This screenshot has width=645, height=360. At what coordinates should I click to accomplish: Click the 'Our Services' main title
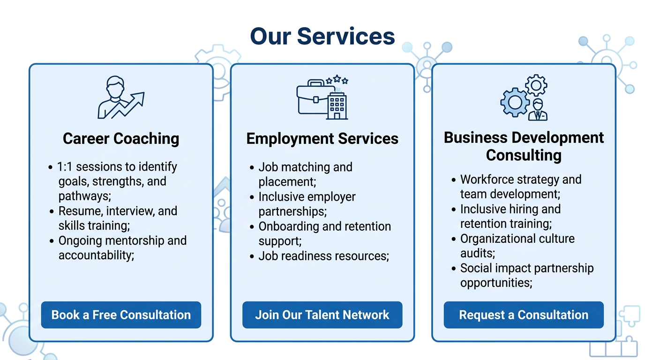pyautogui.click(x=322, y=36)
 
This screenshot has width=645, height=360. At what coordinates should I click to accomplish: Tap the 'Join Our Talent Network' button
pyautogui.click(x=322, y=315)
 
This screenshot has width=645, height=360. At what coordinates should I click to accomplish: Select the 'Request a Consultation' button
pyautogui.click(x=523, y=315)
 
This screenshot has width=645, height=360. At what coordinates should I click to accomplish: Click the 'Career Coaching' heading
pyautogui.click(x=121, y=139)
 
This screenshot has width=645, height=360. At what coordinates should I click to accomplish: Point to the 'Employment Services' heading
pyautogui.click(x=322, y=139)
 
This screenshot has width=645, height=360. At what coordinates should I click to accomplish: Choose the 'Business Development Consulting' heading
pyautogui.click(x=524, y=146)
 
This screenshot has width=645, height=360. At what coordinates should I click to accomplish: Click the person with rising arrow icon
pyautogui.click(x=120, y=97)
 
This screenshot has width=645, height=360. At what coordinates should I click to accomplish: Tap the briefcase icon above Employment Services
pyautogui.click(x=312, y=98)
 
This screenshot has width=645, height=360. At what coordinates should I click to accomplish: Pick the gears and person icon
pyautogui.click(x=524, y=97)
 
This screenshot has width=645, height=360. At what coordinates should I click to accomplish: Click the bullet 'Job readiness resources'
pyautogui.click(x=323, y=256)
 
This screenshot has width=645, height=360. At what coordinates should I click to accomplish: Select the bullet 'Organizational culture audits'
pyautogui.click(x=517, y=246)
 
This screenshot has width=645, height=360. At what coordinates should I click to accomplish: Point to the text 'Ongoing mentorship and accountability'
pyautogui.click(x=122, y=247)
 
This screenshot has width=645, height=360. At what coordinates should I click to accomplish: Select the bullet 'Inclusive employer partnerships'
pyautogui.click(x=307, y=204)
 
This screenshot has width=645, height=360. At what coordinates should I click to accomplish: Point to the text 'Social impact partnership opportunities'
pyautogui.click(x=527, y=275)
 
